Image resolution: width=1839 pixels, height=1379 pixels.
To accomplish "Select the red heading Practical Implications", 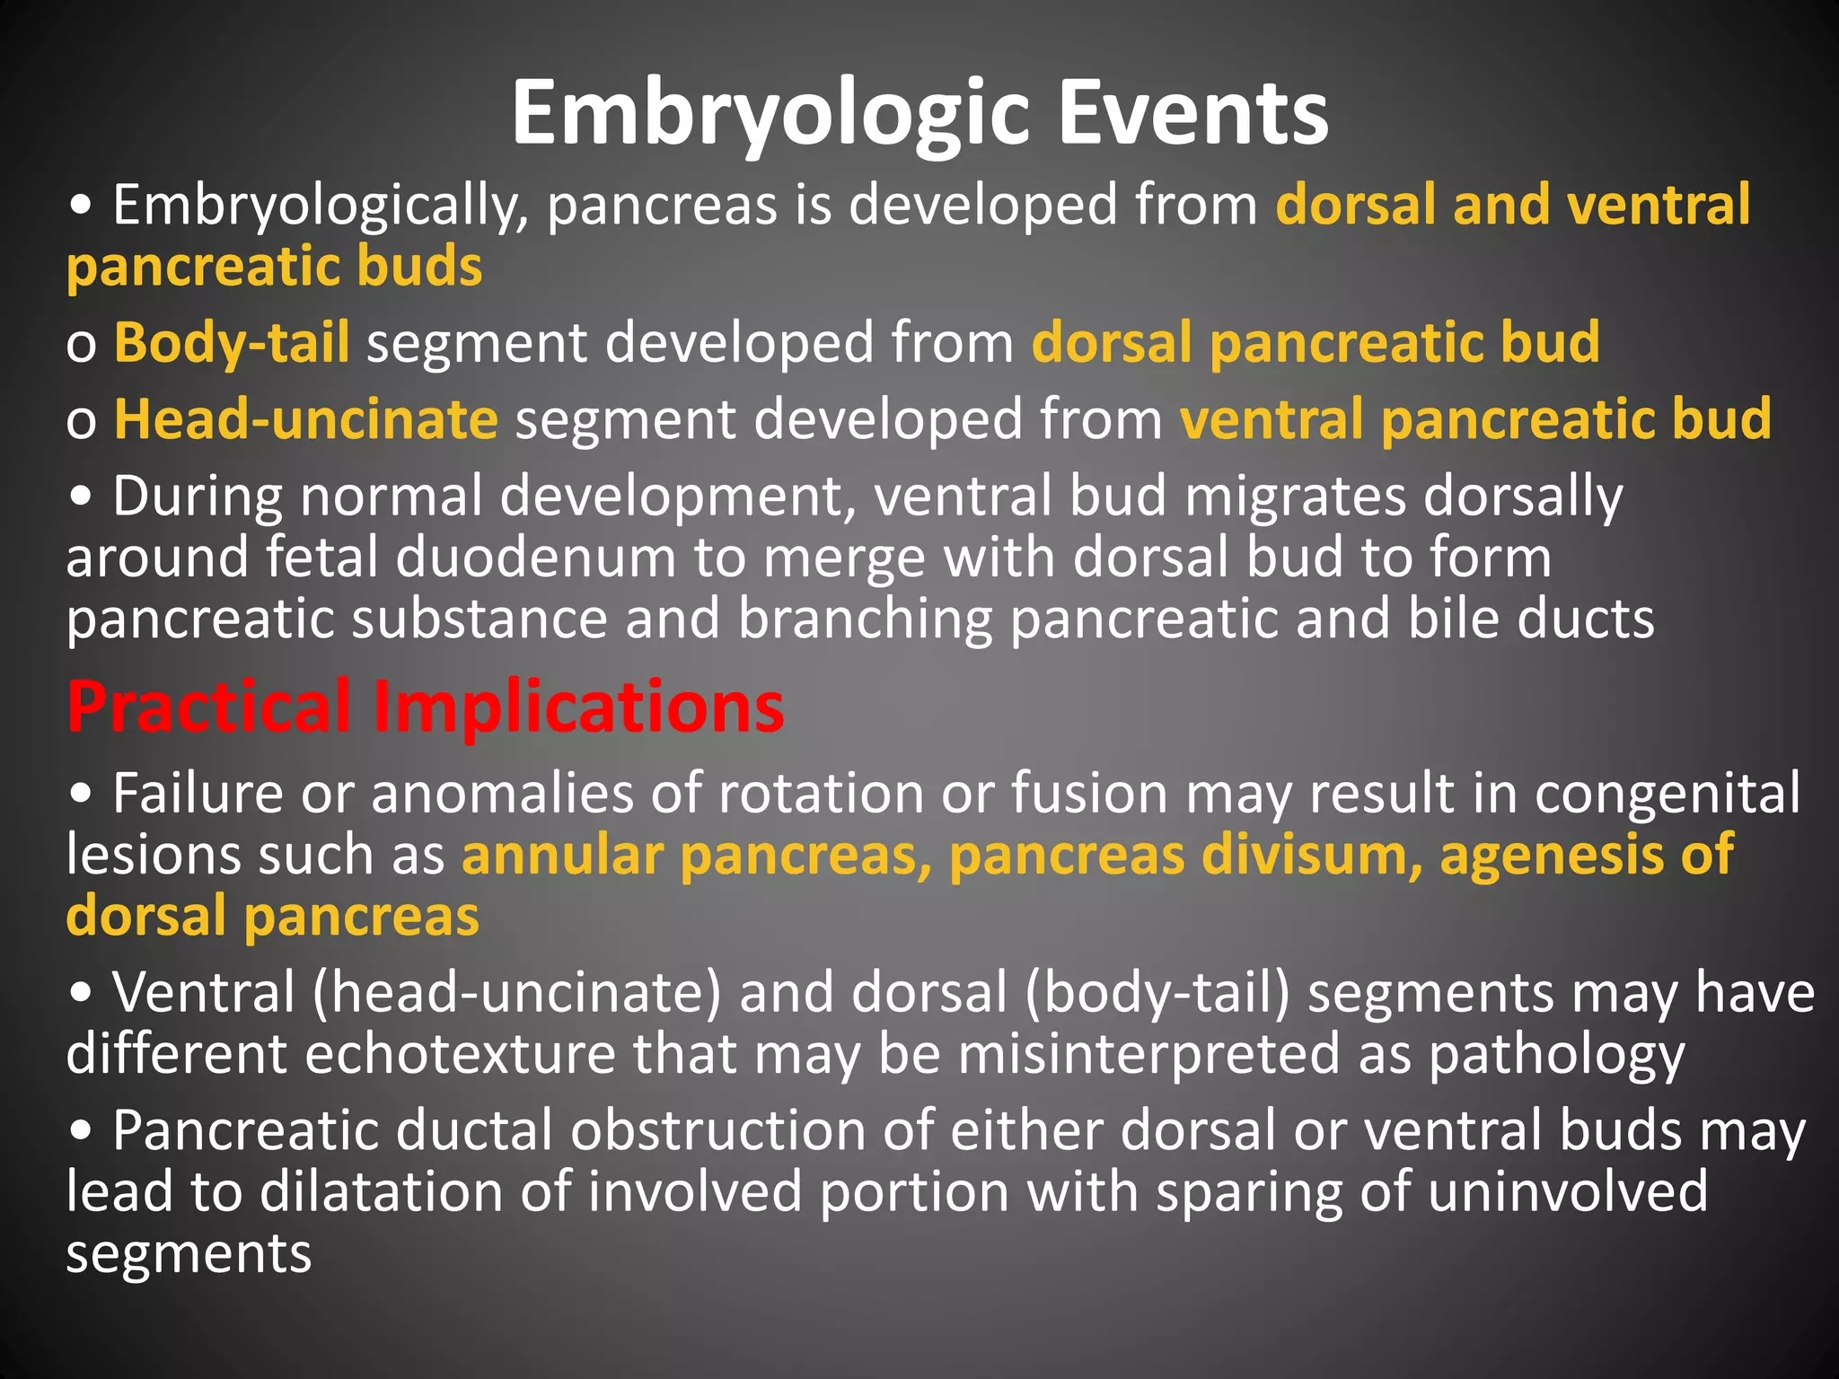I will tap(426, 708).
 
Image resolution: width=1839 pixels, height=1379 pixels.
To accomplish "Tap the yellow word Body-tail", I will tap(232, 344).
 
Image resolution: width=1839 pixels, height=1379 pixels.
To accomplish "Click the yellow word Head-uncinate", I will tap(306, 420).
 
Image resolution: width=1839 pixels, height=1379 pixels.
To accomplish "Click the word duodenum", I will tap(535, 558).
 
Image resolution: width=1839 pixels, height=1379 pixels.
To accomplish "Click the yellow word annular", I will tap(562, 855).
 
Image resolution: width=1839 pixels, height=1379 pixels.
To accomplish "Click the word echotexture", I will tap(461, 1054).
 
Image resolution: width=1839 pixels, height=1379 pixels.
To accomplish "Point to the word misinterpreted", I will tap(1149, 1054).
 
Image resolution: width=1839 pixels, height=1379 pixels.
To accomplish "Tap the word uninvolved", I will tap(1567, 1192).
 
